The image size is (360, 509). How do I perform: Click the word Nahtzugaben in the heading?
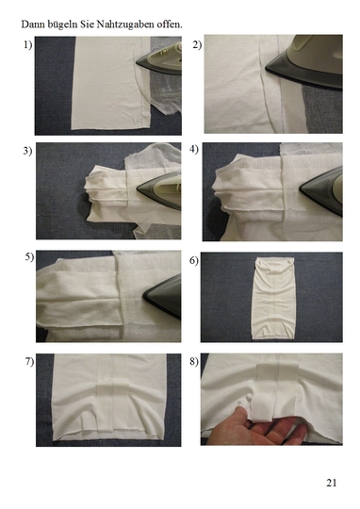(x=125, y=25)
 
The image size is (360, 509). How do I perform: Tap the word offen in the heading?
(x=170, y=25)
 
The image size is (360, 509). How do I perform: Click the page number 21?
(x=332, y=483)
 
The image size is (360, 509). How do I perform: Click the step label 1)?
(x=28, y=45)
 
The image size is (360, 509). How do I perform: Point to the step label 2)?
(x=197, y=44)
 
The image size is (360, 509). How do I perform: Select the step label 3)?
(x=28, y=151)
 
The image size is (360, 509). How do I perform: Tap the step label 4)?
(x=194, y=150)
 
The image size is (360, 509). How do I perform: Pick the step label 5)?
(x=29, y=257)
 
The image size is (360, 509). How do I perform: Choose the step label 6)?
(x=194, y=260)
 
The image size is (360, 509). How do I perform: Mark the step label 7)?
(x=29, y=362)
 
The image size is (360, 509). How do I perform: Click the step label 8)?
(x=194, y=362)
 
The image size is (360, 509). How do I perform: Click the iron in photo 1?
(x=161, y=60)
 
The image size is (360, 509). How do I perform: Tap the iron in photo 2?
(x=305, y=61)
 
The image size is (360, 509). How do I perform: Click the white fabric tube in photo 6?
(x=273, y=298)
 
